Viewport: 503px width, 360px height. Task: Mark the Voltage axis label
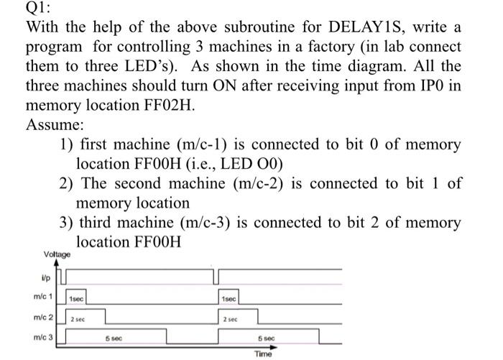[57, 254]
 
